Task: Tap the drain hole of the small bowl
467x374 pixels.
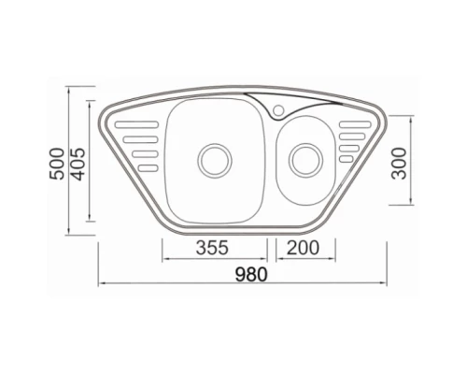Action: click(304, 158)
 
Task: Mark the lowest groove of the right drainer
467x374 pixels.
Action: click(347, 158)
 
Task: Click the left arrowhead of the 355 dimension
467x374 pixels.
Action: click(165, 257)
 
